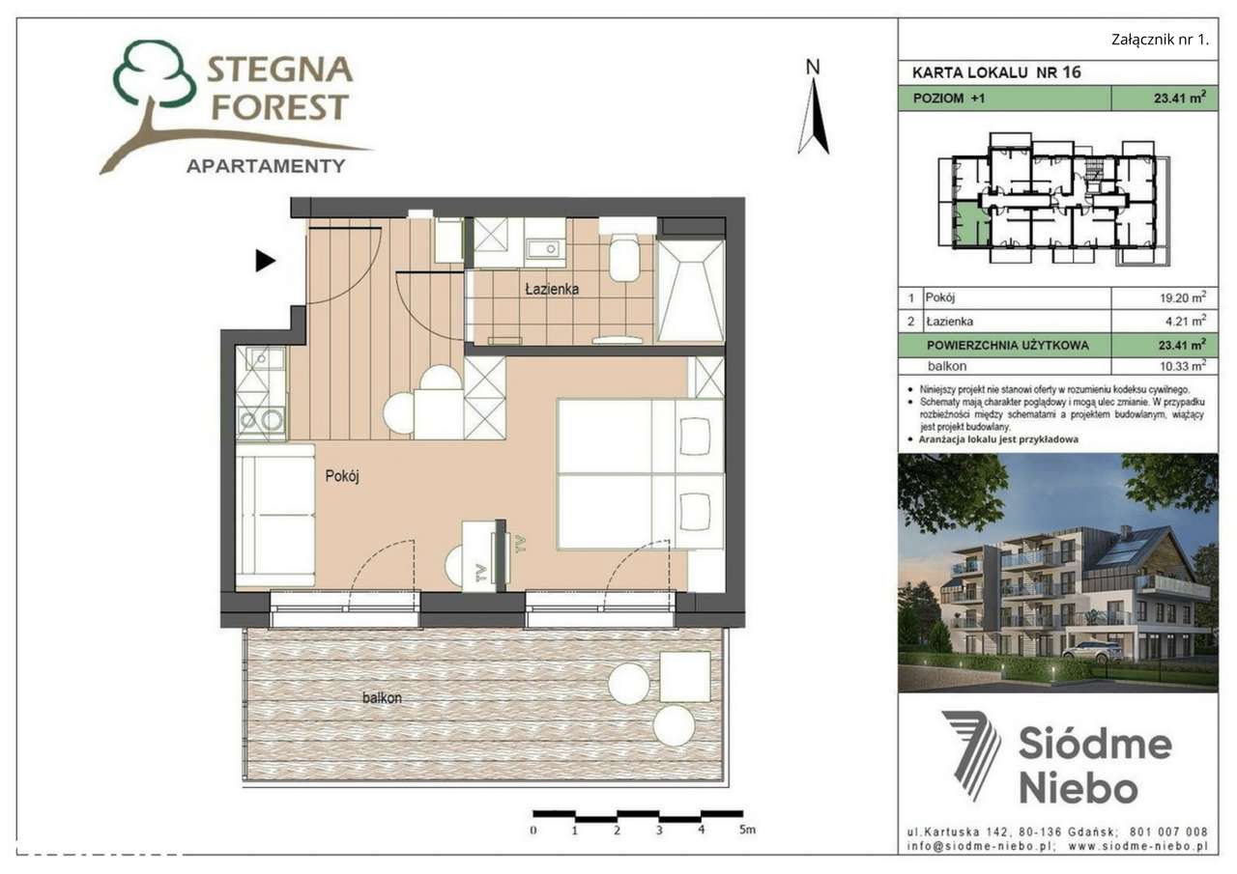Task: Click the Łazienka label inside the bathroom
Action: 552,289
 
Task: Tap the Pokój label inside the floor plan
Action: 342,475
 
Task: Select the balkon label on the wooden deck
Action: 382,696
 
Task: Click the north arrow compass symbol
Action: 813,111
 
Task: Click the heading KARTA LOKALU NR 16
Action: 995,72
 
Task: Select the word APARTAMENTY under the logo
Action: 265,165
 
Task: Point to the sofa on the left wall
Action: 276,514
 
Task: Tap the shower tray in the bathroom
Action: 690,291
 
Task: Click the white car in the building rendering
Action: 1092,652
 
